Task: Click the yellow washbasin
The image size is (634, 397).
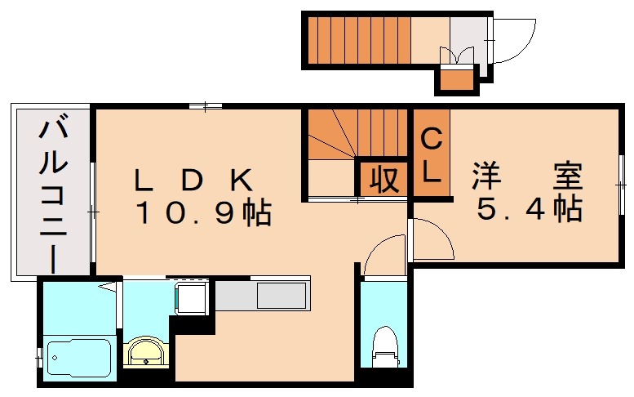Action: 147,354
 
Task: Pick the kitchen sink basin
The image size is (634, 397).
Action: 282,295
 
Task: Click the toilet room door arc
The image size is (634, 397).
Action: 384,255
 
